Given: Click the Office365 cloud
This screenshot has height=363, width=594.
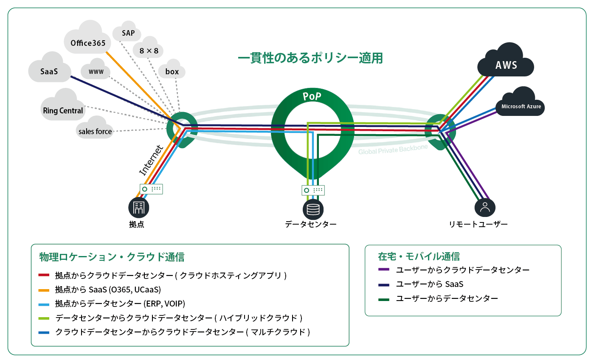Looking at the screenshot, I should pyautogui.click(x=88, y=42).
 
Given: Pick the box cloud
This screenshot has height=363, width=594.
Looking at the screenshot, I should pyautogui.click(x=172, y=71).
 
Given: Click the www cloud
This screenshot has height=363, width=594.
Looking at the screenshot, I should pyautogui.click(x=96, y=71).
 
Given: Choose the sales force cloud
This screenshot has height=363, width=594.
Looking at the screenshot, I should pyautogui.click(x=95, y=131).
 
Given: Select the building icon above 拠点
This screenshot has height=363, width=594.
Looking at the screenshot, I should pyautogui.click(x=139, y=208).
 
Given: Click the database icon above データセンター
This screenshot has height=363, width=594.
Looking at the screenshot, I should pyautogui.click(x=313, y=209).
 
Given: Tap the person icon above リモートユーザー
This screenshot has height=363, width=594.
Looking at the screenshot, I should pyautogui.click(x=484, y=208).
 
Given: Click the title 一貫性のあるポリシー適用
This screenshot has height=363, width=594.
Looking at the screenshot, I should pyautogui.click(x=310, y=58).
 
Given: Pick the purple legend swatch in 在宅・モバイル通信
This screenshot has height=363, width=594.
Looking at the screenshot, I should pyautogui.click(x=383, y=270).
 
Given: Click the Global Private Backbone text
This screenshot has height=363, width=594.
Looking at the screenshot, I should pyautogui.click(x=393, y=149).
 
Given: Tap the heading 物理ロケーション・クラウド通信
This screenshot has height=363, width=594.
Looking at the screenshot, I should pyautogui.click(x=112, y=257).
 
